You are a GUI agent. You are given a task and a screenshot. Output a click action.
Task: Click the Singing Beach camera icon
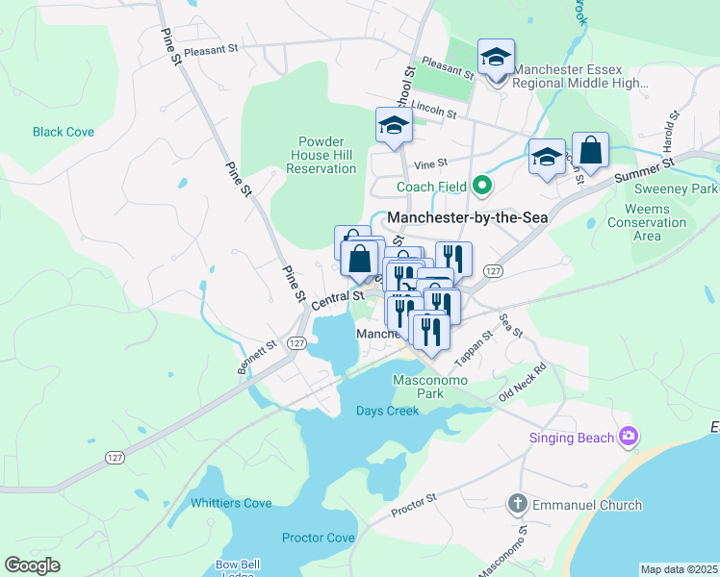629,438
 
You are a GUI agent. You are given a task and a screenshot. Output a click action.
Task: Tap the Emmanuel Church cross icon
517,504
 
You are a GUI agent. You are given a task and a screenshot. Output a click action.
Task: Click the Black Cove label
64,132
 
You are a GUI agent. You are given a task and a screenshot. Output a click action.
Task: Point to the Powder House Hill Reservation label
321,154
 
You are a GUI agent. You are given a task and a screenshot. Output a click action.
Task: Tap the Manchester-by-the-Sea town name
467,218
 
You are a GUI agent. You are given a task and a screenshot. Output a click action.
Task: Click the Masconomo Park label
430,387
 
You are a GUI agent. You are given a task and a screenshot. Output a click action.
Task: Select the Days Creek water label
388,412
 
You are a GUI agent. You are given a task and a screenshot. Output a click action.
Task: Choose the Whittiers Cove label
231,503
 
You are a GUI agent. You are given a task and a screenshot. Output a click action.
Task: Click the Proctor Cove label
319,538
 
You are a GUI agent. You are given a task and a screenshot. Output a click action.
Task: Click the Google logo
32,565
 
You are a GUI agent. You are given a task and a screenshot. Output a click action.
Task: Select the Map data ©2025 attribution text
679,569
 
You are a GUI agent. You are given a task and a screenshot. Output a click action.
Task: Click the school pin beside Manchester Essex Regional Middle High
496,58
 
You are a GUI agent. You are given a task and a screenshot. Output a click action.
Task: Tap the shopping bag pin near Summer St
590,151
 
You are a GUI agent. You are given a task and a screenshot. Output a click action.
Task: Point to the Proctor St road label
415,505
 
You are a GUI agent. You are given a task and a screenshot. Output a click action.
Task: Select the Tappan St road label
474,348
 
